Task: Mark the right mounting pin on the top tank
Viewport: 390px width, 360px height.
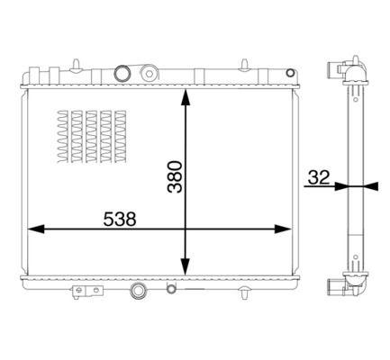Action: [x=243, y=63]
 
